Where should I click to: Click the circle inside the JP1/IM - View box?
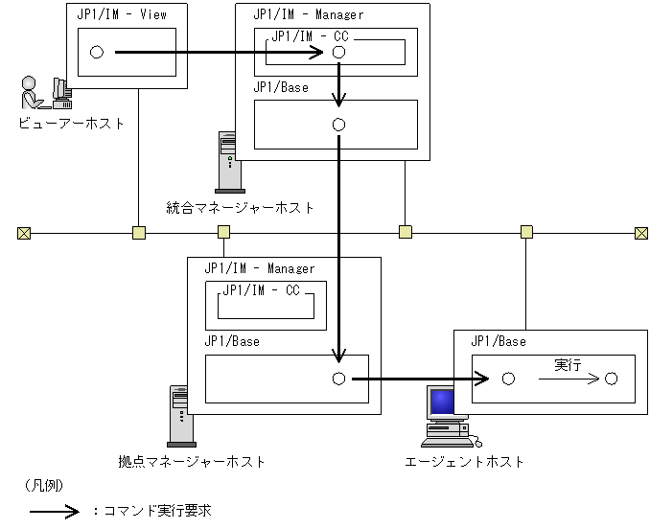pyautogui.click(x=97, y=52)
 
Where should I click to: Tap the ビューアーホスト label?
pyautogui.click(x=71, y=124)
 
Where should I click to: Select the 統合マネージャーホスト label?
pyautogui.click(x=240, y=208)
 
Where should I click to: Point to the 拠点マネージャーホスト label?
pyautogui.click(x=192, y=462)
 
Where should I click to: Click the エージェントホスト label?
pyautogui.click(x=464, y=462)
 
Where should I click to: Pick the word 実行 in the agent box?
pyautogui.click(x=568, y=365)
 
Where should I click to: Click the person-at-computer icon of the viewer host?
pyautogui.click(x=46, y=93)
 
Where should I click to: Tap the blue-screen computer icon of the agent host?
pyautogui.click(x=451, y=417)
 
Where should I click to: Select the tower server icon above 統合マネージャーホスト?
pyautogui.click(x=228, y=162)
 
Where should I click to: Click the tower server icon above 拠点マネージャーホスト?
pyautogui.click(x=180, y=416)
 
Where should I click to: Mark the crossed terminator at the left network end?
pyautogui.click(x=24, y=233)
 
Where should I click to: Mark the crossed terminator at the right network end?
pyautogui.click(x=641, y=233)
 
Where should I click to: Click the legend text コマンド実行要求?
pyautogui.click(x=157, y=511)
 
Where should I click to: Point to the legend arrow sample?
pyautogui.click(x=55, y=512)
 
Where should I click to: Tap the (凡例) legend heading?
pyautogui.click(x=44, y=485)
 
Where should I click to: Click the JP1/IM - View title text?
pyautogui.click(x=122, y=15)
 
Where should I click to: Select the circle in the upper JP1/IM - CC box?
pyautogui.click(x=338, y=52)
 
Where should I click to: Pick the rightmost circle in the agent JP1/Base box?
pyautogui.click(x=611, y=379)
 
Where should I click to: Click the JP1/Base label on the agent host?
pyautogui.click(x=499, y=341)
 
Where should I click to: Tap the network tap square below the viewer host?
pyautogui.click(x=139, y=233)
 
